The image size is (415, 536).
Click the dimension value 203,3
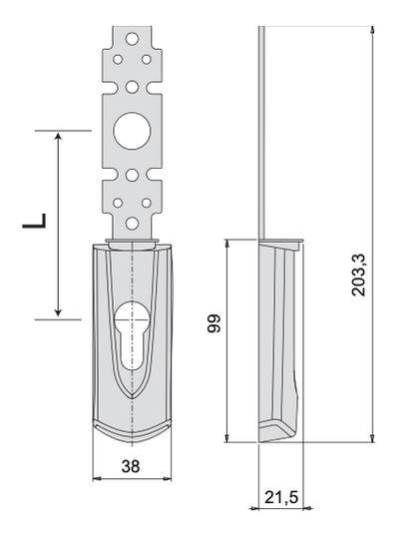click(359, 274)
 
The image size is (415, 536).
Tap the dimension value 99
click(214, 323)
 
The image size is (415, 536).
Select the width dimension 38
click(131, 466)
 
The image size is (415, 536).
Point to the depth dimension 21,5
click(281, 497)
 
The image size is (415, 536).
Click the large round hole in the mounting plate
click(132, 131)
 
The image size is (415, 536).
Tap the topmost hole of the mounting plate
click(132, 39)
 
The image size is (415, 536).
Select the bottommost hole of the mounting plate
click(132, 224)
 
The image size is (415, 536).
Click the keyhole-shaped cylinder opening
click(132, 335)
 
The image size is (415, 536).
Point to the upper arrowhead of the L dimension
click(59, 136)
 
